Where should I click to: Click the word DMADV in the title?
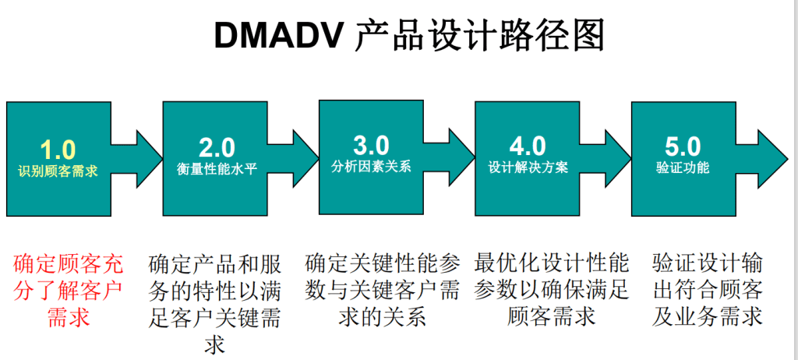pyautogui.click(x=277, y=34)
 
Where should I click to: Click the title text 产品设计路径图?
pyautogui.click(x=479, y=35)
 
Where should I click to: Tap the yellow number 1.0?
pyautogui.click(x=58, y=149)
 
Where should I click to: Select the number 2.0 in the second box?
pyautogui.click(x=217, y=148)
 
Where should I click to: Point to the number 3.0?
pyautogui.click(x=371, y=146)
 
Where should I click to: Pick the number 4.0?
pyautogui.click(x=528, y=147)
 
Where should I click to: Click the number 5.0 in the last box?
pyautogui.click(x=683, y=147)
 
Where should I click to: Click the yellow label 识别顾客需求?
pyautogui.click(x=58, y=171)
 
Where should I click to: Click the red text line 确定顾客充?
pyautogui.click(x=69, y=265)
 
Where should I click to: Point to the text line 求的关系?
pyautogui.click(x=382, y=317)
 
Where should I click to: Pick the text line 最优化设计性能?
pyautogui.click(x=553, y=264)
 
